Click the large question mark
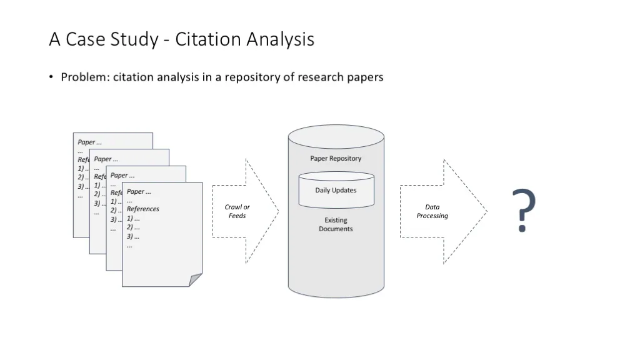(524, 210)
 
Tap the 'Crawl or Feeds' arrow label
(237, 211)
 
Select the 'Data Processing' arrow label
(432, 211)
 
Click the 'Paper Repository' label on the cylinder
(336, 158)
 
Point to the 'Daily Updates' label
(336, 190)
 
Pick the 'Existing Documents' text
(336, 224)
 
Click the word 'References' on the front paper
(143, 209)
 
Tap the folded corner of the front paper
(195, 280)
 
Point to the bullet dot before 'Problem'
(51, 77)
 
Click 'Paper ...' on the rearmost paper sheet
(89, 142)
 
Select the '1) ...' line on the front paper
(133, 218)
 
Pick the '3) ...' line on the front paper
(133, 236)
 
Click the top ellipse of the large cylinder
(336, 137)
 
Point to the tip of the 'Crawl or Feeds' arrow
(279, 211)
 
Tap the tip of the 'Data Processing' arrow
(487, 211)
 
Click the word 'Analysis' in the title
(280, 40)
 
